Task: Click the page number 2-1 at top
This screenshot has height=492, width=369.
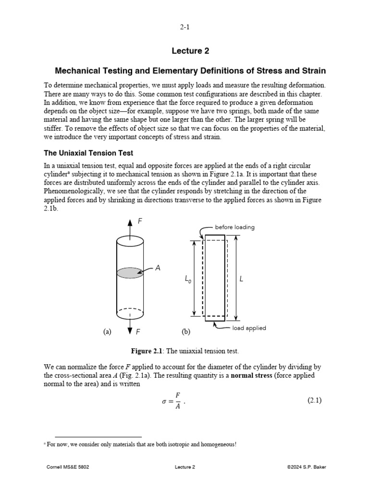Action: click(x=184, y=28)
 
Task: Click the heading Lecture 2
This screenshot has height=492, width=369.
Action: click(x=190, y=51)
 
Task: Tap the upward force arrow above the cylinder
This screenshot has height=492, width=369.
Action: click(x=129, y=226)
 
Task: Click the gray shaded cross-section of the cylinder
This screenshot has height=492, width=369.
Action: click(x=129, y=272)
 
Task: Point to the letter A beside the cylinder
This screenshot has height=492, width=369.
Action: click(x=158, y=269)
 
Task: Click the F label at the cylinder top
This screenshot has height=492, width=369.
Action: click(x=140, y=221)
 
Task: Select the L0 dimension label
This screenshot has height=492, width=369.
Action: click(x=187, y=279)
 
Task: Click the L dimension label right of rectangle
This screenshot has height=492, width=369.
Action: click(x=242, y=279)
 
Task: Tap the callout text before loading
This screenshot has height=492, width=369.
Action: click(x=235, y=227)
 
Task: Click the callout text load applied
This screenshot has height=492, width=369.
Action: click(x=249, y=328)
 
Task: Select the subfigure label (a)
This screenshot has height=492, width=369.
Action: click(x=107, y=332)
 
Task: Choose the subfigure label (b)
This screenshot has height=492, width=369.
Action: click(x=185, y=332)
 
